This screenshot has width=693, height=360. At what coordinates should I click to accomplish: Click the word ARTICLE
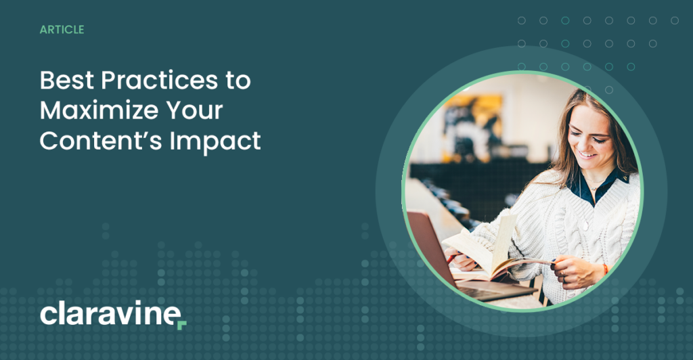click(x=62, y=30)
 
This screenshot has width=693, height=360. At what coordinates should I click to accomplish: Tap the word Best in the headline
click(x=66, y=81)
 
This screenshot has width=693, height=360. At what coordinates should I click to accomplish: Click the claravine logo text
click(x=108, y=314)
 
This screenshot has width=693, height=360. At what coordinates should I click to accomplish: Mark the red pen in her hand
click(x=451, y=258)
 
